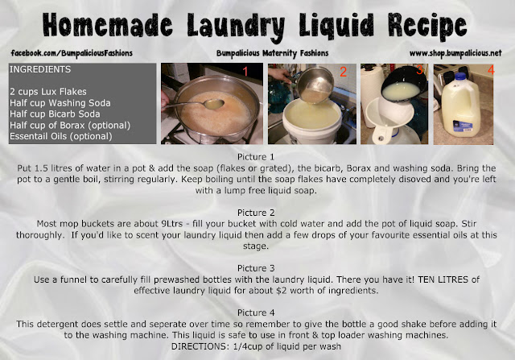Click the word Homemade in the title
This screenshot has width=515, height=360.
[x=107, y=25]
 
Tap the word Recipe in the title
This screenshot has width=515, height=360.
[x=427, y=27]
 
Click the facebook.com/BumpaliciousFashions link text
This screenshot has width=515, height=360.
[x=72, y=53]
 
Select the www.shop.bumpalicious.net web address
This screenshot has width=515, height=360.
[x=455, y=53]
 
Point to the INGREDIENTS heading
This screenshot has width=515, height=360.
[x=40, y=69]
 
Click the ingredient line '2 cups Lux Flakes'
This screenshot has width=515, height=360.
[x=48, y=92]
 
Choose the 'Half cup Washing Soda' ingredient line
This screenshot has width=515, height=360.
[x=60, y=103]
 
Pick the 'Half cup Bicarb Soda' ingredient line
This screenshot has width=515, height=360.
[x=55, y=114]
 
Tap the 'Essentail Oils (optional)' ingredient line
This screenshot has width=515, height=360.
[x=61, y=136]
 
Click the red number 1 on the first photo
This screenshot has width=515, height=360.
[x=245, y=72]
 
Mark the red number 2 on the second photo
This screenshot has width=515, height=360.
[x=344, y=72]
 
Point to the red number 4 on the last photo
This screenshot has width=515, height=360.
[x=491, y=70]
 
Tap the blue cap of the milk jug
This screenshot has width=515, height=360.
[x=459, y=77]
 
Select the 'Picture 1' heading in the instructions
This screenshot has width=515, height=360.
[x=256, y=157]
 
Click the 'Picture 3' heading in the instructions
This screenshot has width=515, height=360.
[x=256, y=268]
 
